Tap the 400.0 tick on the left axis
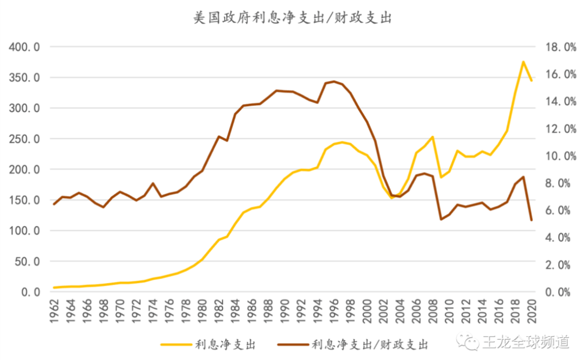24,47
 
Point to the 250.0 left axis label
24,139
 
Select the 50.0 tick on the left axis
27,262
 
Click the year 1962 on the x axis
54,314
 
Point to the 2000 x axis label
367,314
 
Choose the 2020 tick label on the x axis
532,314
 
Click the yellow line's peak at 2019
523,62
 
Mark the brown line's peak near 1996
334,81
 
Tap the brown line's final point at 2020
531,220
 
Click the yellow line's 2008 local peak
433,137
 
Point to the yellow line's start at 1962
54,288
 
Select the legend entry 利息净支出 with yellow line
207,344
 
